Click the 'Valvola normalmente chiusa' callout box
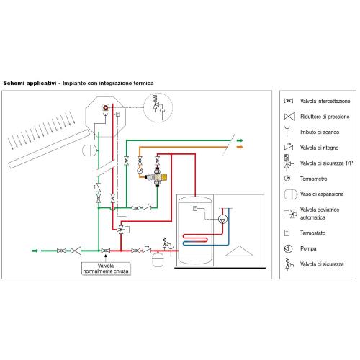(106, 269)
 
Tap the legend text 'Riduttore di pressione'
(325, 117)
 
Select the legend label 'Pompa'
(308, 248)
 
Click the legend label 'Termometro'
(313, 179)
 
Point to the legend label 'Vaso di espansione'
(322, 194)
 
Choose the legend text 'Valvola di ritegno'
(319, 148)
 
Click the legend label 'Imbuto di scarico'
(320, 132)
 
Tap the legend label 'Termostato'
(312, 233)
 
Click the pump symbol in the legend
(288, 248)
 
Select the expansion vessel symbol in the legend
(290, 194)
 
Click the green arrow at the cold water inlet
(35, 251)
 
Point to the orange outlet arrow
(240, 147)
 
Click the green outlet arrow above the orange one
(240, 140)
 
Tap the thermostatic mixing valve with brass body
(157, 177)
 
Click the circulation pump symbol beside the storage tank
(222, 220)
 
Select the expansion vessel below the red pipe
(158, 258)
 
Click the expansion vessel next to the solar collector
(90, 150)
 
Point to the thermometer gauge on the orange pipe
(140, 171)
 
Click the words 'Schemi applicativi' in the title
(30, 84)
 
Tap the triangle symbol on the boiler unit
(239, 251)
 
